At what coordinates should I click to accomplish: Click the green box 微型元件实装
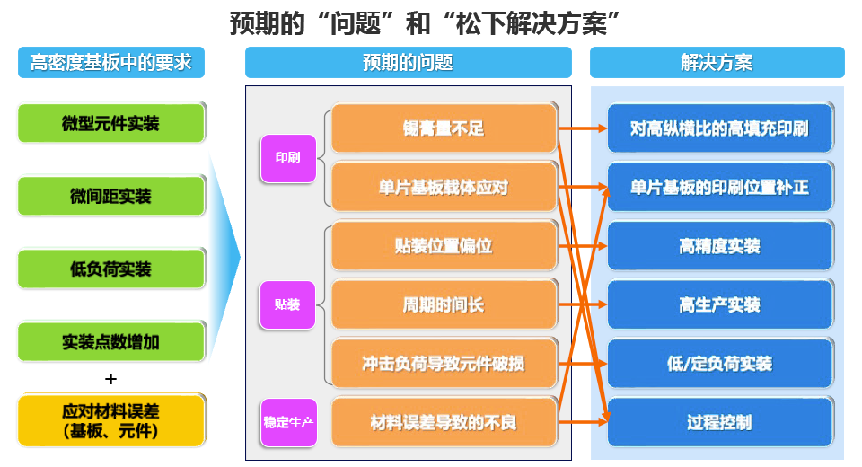pos(111,123)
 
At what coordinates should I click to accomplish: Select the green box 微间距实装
pos(111,196)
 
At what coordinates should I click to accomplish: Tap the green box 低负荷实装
pos(111,269)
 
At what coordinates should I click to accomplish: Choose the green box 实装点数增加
pos(111,341)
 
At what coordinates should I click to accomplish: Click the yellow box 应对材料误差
pos(111,420)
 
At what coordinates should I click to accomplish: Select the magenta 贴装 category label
pos(287,304)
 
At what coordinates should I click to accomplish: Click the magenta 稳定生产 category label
pos(288,422)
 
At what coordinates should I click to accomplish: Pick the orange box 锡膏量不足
pos(444,128)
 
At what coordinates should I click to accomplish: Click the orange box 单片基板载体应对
pos(444,187)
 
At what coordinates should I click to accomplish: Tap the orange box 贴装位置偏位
pos(444,246)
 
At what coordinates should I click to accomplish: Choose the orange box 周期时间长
pos(444,304)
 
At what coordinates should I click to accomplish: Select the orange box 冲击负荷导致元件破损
pos(444,364)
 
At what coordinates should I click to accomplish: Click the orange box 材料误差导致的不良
pos(444,422)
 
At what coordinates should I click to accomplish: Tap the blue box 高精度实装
pos(719,246)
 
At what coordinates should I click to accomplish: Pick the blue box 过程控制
pos(719,422)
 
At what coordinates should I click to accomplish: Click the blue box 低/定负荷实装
pos(719,364)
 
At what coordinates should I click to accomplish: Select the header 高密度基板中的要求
pos(111,63)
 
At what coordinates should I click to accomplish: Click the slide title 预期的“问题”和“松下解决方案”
pos(427,22)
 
